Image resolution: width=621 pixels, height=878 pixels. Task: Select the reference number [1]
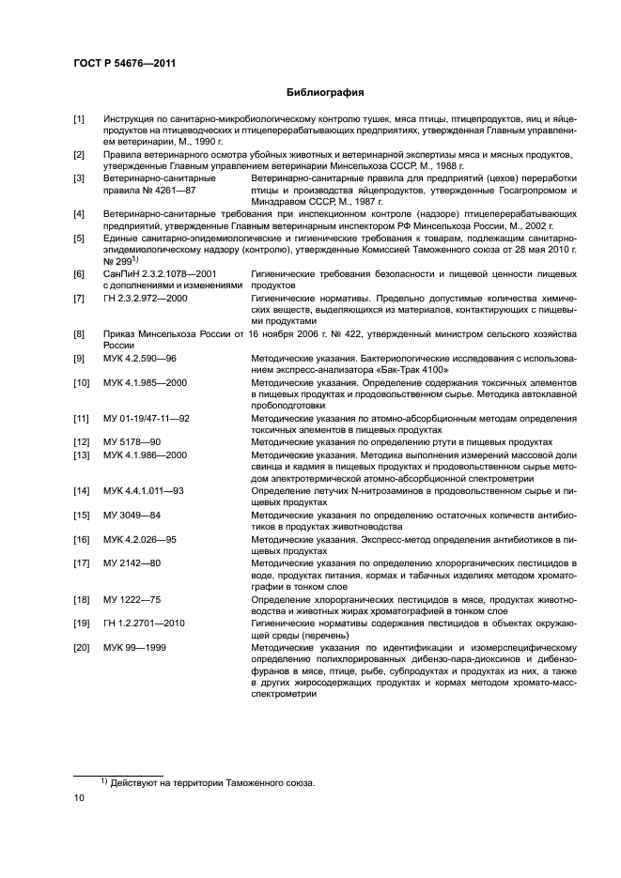click(79, 119)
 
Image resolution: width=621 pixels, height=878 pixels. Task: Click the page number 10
click(80, 798)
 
